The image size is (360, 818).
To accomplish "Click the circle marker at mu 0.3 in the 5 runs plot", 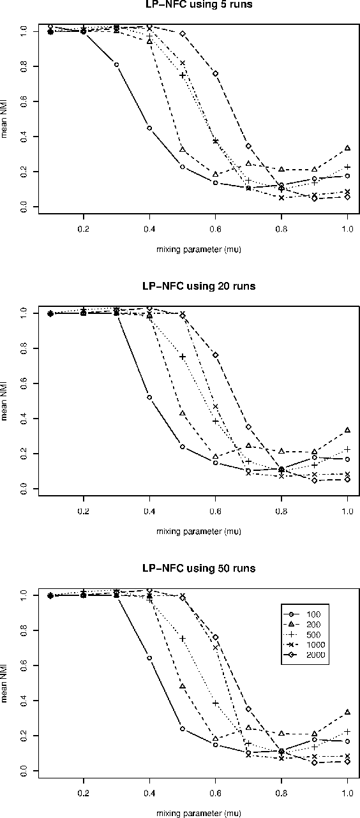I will pyautogui.click(x=116, y=64).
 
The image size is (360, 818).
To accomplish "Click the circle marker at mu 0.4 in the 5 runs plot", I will pyautogui.click(x=149, y=128).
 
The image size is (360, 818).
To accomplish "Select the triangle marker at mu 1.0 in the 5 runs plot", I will pyautogui.click(x=347, y=148).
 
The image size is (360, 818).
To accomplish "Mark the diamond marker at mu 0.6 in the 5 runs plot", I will pyautogui.click(x=215, y=73).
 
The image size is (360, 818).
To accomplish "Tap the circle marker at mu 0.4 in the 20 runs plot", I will pyautogui.click(x=149, y=398).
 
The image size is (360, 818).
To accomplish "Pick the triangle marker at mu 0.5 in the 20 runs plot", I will pyautogui.click(x=183, y=413).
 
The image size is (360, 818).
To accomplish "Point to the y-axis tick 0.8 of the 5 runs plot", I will pyautogui.click(x=24, y=66).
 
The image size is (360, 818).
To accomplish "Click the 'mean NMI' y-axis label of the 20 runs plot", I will pyautogui.click(x=5, y=401).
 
